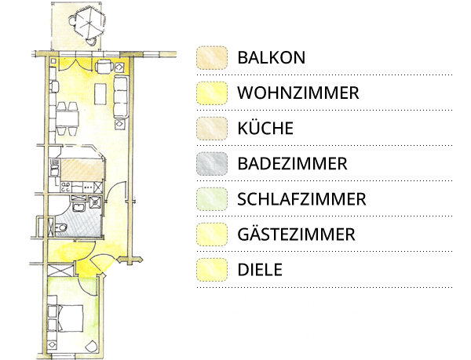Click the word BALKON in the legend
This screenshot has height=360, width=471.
[x=272, y=57]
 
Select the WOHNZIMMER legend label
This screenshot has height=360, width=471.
[x=298, y=93]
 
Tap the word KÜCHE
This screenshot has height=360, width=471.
[x=265, y=128]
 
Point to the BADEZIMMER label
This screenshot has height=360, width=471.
[x=292, y=164]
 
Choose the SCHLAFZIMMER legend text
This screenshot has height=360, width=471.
[x=301, y=199]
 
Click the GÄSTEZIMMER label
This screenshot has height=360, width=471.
[x=296, y=234]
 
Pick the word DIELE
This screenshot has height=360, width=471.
[x=260, y=270]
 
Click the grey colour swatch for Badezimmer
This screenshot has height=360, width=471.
[x=212, y=164]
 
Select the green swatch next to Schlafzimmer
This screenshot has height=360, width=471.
[x=212, y=199]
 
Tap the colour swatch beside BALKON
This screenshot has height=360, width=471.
[x=212, y=57]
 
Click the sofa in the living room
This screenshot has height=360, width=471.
[x=122, y=96]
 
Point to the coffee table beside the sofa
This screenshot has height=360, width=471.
[x=100, y=94]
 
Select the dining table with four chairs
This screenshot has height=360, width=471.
[x=68, y=118]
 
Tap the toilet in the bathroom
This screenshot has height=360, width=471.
[x=60, y=228]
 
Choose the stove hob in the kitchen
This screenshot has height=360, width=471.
[x=66, y=187]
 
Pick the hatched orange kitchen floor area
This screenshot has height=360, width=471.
[x=82, y=170]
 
